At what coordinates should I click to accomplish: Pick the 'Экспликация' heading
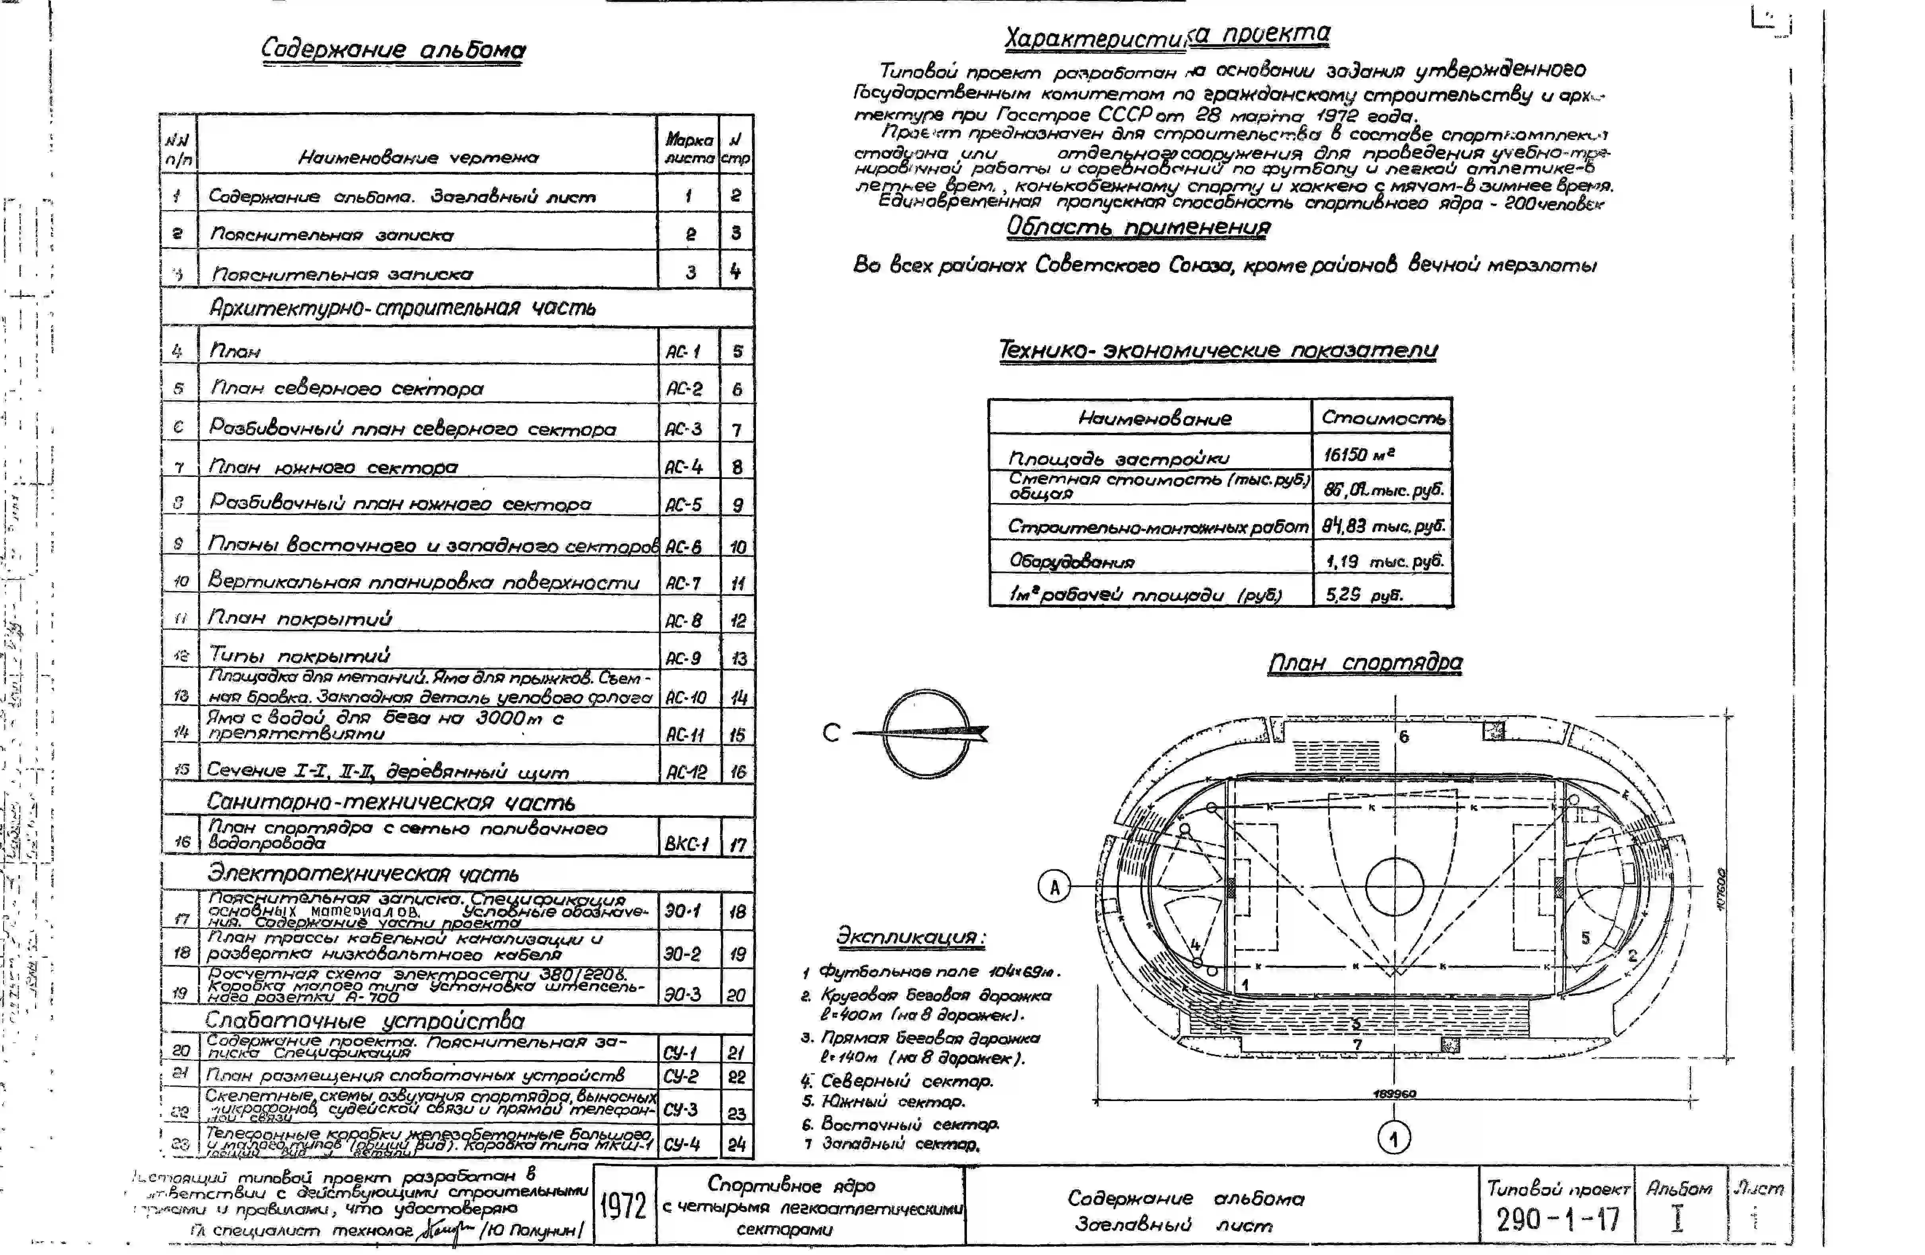coord(911,937)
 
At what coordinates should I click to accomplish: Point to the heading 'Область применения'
coord(1138,227)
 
